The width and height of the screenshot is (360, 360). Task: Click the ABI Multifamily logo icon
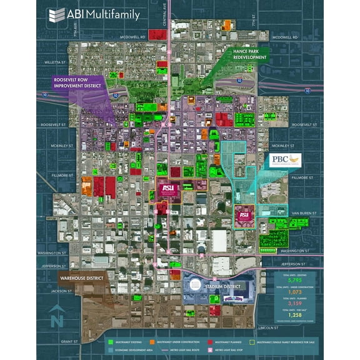[57, 14]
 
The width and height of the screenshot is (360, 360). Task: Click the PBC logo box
[285, 161]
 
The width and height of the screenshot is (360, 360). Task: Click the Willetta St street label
[55, 62]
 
